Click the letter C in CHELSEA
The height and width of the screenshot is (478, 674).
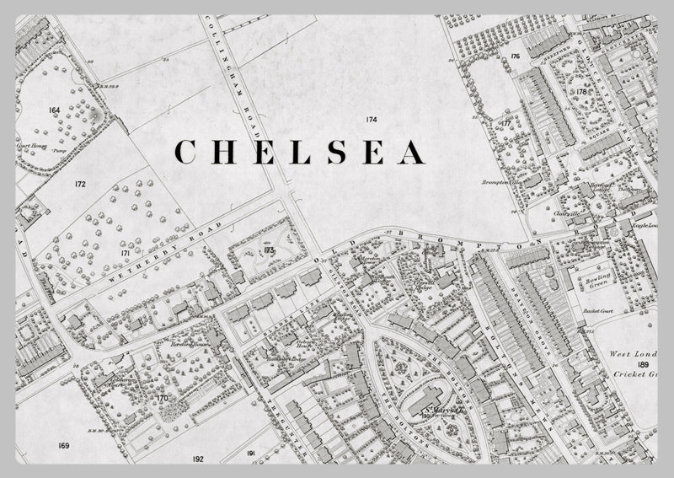point(186,152)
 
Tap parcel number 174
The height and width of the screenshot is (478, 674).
point(372,121)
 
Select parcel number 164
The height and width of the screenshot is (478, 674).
point(55,110)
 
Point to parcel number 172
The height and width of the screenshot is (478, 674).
point(80,183)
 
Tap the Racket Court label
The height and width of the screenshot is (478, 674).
point(595,311)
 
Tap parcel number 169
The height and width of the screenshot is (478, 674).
point(64,444)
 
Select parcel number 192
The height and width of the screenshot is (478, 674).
point(198,459)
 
